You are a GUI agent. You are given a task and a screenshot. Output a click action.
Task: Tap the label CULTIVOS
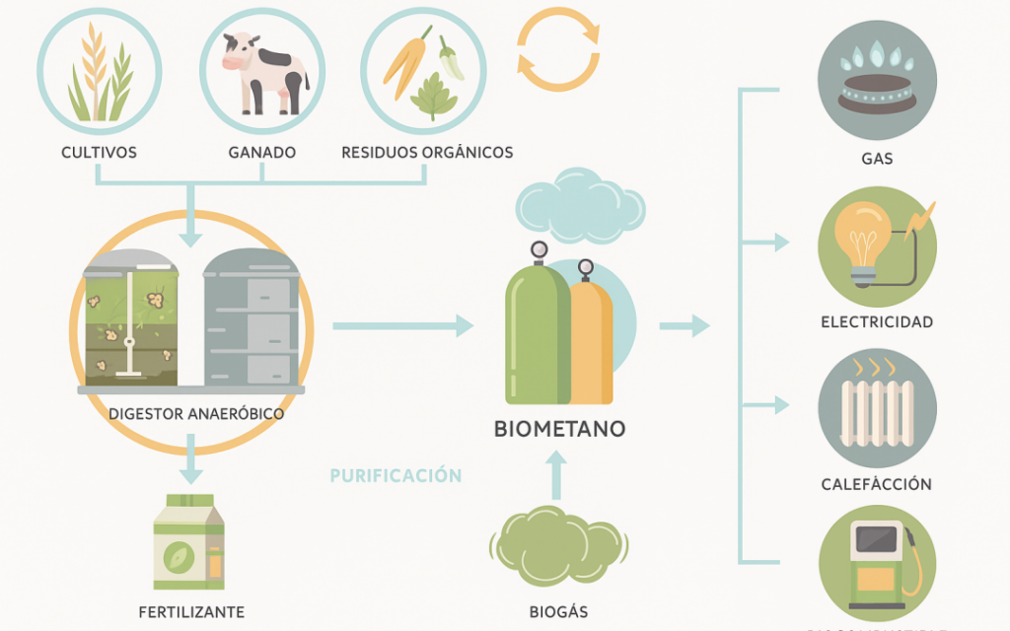(x=99, y=153)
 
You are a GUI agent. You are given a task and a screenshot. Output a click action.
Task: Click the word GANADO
(x=262, y=153)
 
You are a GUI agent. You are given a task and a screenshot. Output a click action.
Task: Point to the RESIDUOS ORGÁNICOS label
(x=427, y=153)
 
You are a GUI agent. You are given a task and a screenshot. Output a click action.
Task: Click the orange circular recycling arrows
(x=558, y=49)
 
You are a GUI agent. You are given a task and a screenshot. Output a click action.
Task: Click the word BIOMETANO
(x=559, y=430)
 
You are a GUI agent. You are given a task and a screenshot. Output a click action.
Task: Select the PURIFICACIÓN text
(x=396, y=475)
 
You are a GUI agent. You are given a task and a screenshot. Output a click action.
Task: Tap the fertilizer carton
(x=188, y=541)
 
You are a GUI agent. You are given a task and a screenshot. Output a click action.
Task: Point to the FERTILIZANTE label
(x=191, y=612)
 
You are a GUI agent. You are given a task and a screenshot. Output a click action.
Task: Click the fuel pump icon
(x=878, y=562)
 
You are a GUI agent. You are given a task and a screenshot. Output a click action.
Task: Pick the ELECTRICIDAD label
(x=877, y=322)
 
